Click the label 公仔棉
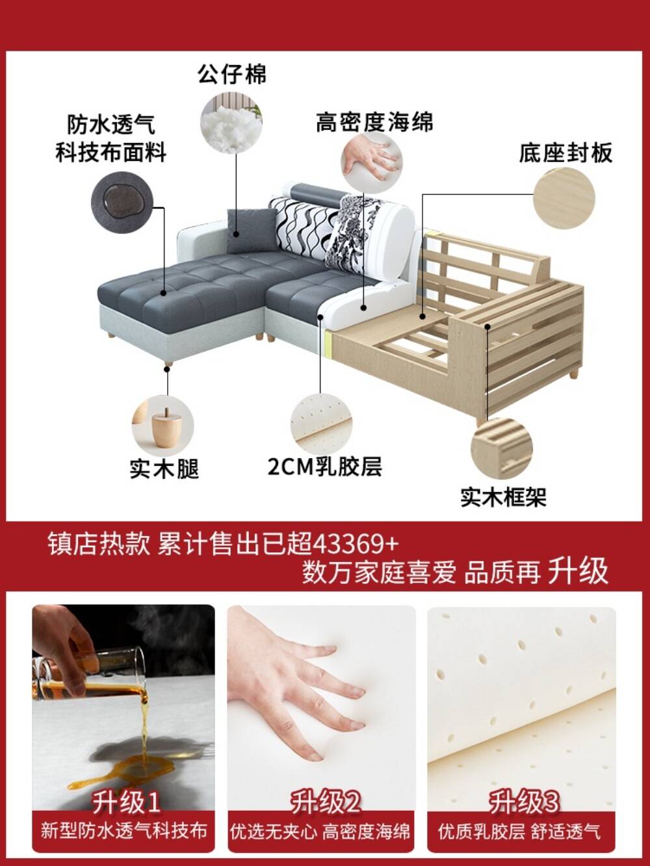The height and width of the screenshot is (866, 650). point(232,74)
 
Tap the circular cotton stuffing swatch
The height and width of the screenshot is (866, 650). point(231,123)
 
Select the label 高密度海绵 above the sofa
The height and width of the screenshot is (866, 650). point(374,121)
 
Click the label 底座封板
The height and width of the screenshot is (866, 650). point(565,153)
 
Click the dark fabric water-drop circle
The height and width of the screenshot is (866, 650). point(122,202)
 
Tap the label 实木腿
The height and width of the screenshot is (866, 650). point(164,468)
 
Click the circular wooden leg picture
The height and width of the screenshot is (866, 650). point(162,426)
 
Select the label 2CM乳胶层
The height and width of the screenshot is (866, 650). point(325,467)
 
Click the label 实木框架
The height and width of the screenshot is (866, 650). point(504,497)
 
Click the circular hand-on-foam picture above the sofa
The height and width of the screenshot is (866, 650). point(372,162)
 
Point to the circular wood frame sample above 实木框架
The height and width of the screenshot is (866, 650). point(502,448)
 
